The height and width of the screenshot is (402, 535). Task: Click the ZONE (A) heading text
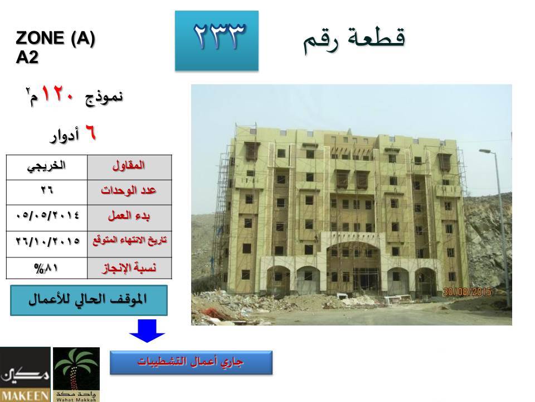pyautogui.click(x=55, y=37)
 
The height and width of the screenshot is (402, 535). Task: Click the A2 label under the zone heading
pyautogui.click(x=27, y=57)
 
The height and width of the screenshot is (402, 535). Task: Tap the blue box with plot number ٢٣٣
pyautogui.click(x=217, y=41)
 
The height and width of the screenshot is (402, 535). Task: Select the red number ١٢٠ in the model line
pyautogui.click(x=57, y=94)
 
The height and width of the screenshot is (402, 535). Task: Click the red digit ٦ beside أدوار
pyautogui.click(x=90, y=133)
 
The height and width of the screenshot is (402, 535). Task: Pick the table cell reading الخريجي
pyautogui.click(x=47, y=167)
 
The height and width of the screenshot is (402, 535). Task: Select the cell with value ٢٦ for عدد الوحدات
pyautogui.click(x=47, y=193)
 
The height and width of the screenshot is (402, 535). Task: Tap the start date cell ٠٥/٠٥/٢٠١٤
pyautogui.click(x=47, y=218)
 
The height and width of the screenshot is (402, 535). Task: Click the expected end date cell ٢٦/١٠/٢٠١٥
pyautogui.click(x=47, y=244)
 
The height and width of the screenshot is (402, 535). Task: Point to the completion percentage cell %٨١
pyautogui.click(x=47, y=268)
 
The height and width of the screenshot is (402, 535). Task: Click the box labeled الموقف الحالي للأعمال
pyautogui.click(x=89, y=300)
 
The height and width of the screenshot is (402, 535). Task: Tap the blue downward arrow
pyautogui.click(x=147, y=331)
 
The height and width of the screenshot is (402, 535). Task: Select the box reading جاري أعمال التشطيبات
pyautogui.click(x=191, y=362)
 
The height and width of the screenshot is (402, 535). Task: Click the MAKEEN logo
pyautogui.click(x=25, y=374)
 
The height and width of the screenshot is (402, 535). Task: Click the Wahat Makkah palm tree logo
pyautogui.click(x=76, y=374)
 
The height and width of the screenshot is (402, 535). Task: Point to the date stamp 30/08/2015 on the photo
pyautogui.click(x=467, y=291)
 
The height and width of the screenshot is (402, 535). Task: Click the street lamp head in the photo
pyautogui.click(x=485, y=151)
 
